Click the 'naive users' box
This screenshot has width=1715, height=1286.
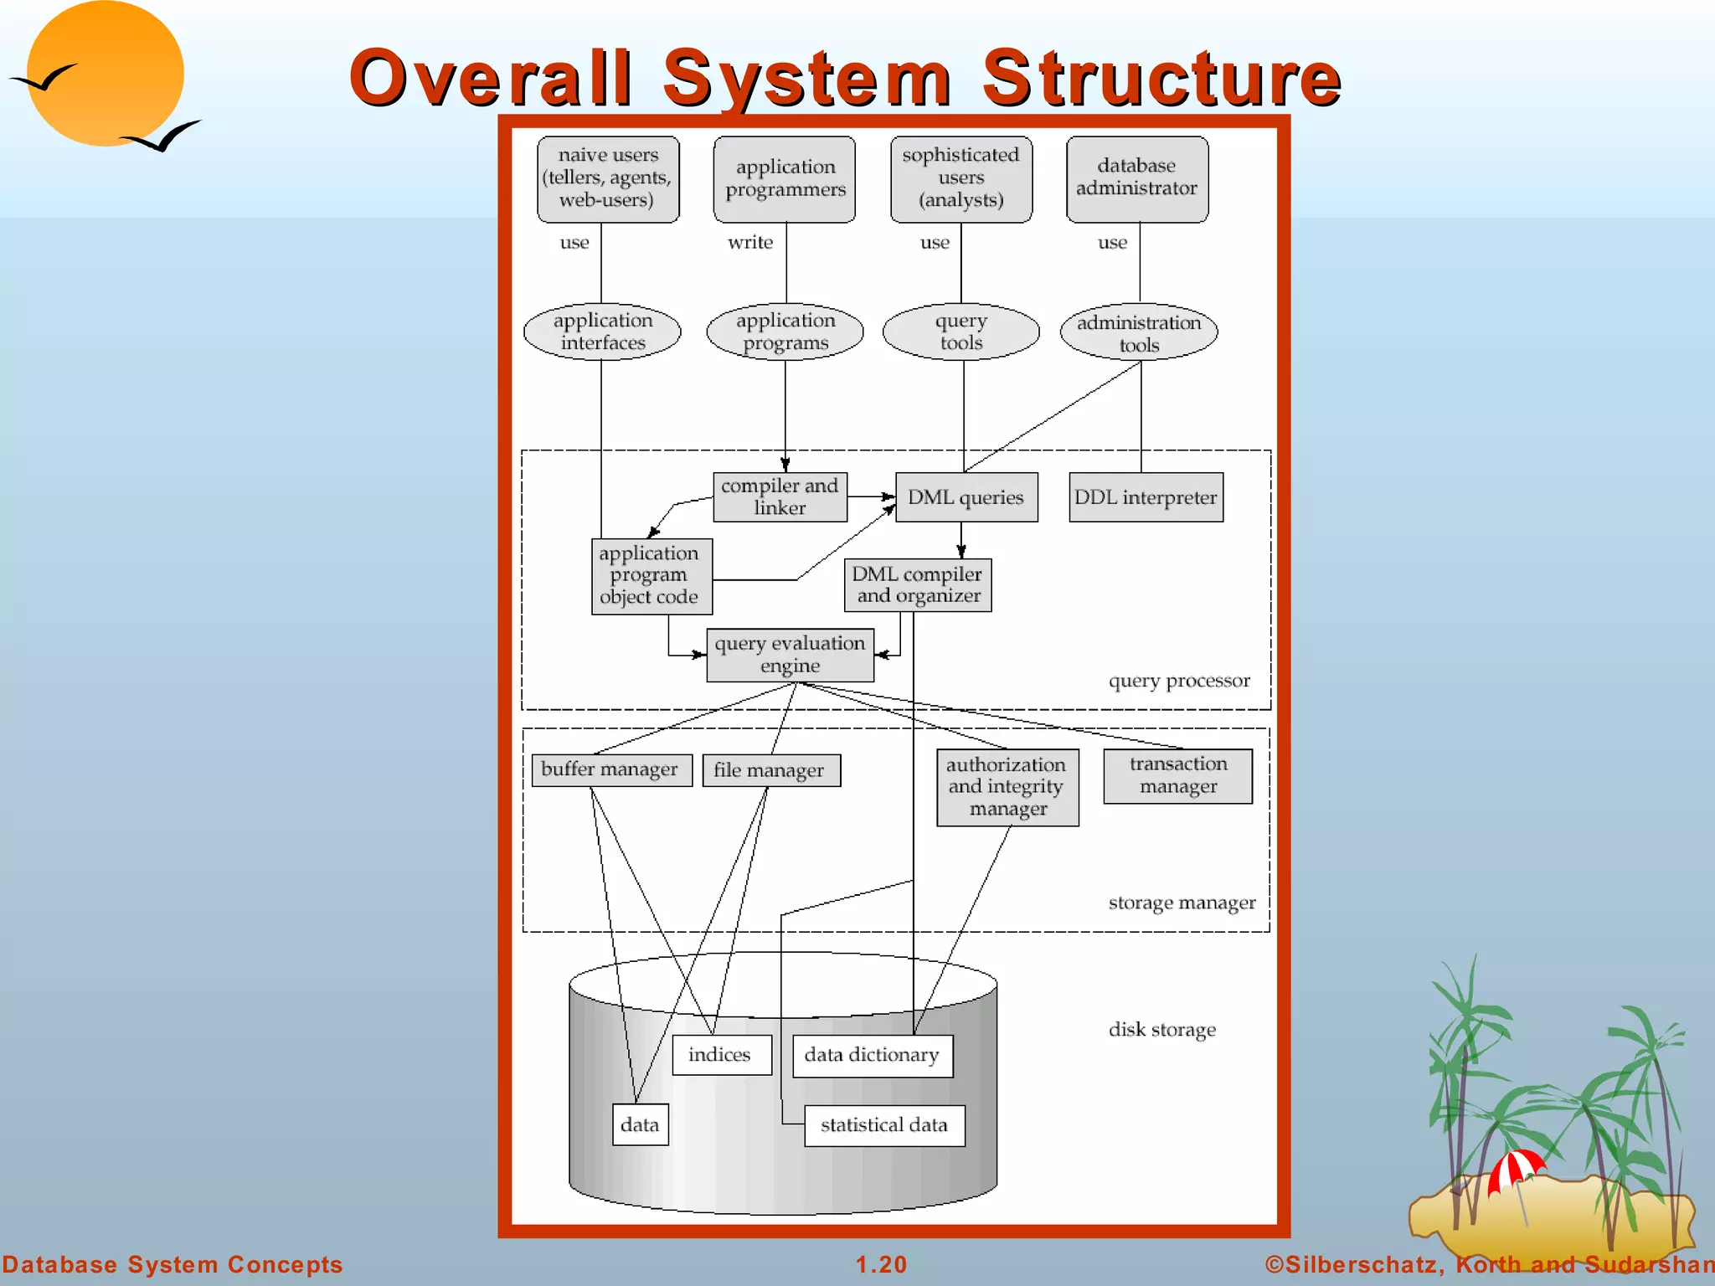click(608, 178)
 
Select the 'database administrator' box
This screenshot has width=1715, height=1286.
click(1136, 178)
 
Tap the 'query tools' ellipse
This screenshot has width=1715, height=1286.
click(961, 332)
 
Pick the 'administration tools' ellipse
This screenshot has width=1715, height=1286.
click(1138, 333)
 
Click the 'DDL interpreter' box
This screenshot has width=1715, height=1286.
click(1146, 497)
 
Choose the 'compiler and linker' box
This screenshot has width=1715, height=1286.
click(780, 496)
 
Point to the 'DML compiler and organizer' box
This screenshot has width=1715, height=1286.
click(917, 585)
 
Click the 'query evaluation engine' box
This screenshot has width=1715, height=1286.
click(790, 655)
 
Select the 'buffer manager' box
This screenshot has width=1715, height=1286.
click(610, 769)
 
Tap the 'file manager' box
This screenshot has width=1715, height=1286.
click(770, 770)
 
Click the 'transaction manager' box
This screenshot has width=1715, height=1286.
click(1177, 775)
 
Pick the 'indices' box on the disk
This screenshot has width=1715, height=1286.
click(720, 1055)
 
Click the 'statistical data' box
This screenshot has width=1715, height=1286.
click(883, 1125)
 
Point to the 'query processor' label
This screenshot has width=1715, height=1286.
click(1179, 681)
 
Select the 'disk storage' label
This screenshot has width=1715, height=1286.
click(1162, 1030)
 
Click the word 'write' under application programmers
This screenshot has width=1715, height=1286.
click(750, 243)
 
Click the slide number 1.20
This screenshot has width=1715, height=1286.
click(881, 1264)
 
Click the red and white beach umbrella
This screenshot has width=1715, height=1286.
click(1515, 1169)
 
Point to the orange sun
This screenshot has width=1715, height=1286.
click(106, 74)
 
